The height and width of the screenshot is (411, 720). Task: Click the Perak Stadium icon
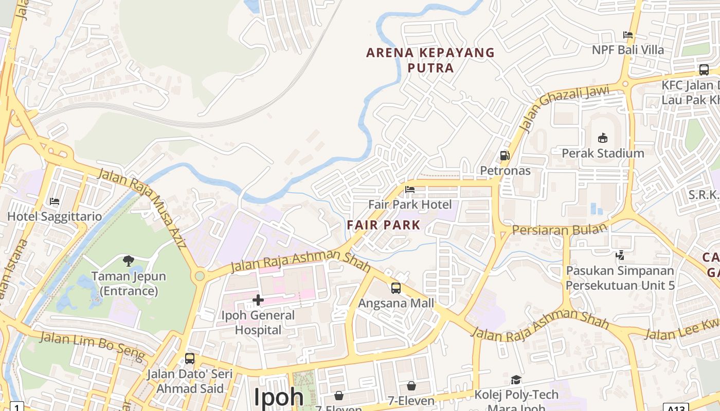pyautogui.click(x=603, y=138)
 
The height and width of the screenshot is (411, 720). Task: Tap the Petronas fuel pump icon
pyautogui.click(x=505, y=155)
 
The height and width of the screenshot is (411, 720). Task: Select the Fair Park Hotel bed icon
pyautogui.click(x=410, y=190)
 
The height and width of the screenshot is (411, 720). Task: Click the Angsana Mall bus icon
pyautogui.click(x=395, y=288)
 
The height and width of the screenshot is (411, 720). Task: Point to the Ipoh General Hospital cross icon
pyautogui.click(x=258, y=300)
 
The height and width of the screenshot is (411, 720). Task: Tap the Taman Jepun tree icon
pyautogui.click(x=129, y=261)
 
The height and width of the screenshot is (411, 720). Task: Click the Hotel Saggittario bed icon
pyautogui.click(x=54, y=201)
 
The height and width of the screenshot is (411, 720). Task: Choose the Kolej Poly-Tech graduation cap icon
pyautogui.click(x=516, y=380)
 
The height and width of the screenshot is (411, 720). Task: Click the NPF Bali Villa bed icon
pyautogui.click(x=627, y=35)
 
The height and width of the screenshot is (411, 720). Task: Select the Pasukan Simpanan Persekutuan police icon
pyautogui.click(x=620, y=255)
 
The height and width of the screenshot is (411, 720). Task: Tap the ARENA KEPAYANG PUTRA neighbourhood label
pyautogui.click(x=430, y=60)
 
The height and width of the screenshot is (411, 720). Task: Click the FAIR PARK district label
pyautogui.click(x=384, y=225)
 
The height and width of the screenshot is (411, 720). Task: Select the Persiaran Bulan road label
pyautogui.click(x=560, y=229)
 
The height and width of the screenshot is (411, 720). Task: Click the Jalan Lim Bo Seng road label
pyautogui.click(x=93, y=345)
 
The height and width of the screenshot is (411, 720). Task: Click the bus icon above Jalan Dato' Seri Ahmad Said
pyautogui.click(x=190, y=358)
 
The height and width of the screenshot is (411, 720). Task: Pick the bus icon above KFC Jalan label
pyautogui.click(x=704, y=70)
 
